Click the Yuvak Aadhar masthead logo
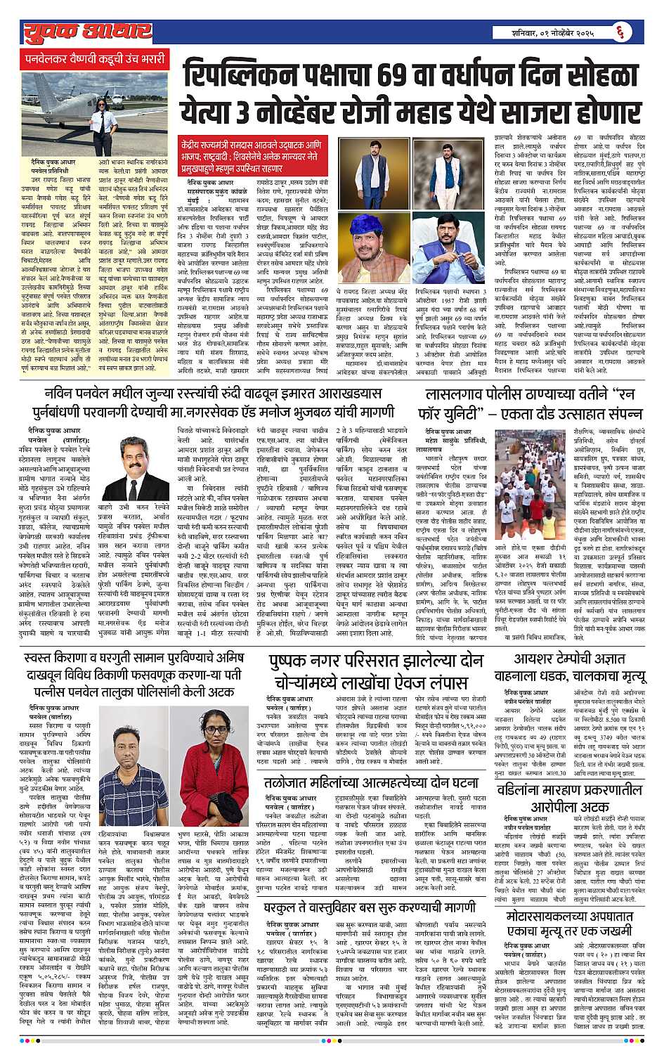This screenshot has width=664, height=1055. [86, 30]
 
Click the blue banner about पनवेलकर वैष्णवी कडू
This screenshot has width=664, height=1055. [96, 58]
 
